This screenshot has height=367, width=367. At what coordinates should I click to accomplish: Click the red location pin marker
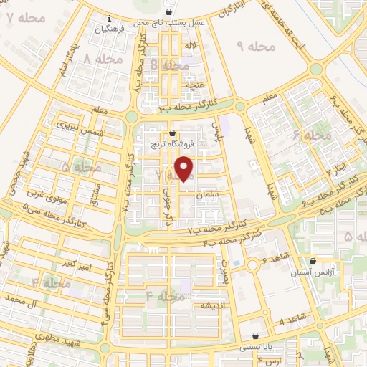pos(185,168)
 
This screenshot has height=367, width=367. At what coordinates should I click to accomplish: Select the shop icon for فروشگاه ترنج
pos(173,133)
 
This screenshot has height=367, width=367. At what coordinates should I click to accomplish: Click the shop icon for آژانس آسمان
pos(313,262)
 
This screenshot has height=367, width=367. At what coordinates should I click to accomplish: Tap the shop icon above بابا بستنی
pos(256,335)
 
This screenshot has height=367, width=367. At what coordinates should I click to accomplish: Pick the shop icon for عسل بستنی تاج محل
pos(168,12)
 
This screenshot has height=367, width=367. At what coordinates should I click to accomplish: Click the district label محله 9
pos(256,47)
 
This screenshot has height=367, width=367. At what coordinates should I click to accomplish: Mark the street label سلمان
pos(223,193)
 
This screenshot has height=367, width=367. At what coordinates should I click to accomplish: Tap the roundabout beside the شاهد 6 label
pos(252,265)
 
